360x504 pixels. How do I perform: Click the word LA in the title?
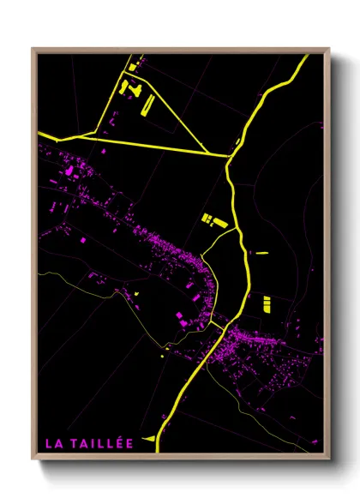(52, 443)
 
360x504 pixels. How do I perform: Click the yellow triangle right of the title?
(150, 439)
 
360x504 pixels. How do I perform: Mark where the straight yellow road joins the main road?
(230, 156)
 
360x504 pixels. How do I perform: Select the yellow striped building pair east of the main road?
(266, 303)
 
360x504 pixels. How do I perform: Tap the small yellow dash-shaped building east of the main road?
(261, 253)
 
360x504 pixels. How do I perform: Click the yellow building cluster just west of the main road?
(212, 220)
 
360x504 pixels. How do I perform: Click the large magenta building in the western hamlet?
(69, 171)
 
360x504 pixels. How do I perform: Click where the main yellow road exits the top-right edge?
(307, 57)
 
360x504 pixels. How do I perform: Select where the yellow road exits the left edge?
(39, 134)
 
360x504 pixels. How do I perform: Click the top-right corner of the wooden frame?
(328, 49)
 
